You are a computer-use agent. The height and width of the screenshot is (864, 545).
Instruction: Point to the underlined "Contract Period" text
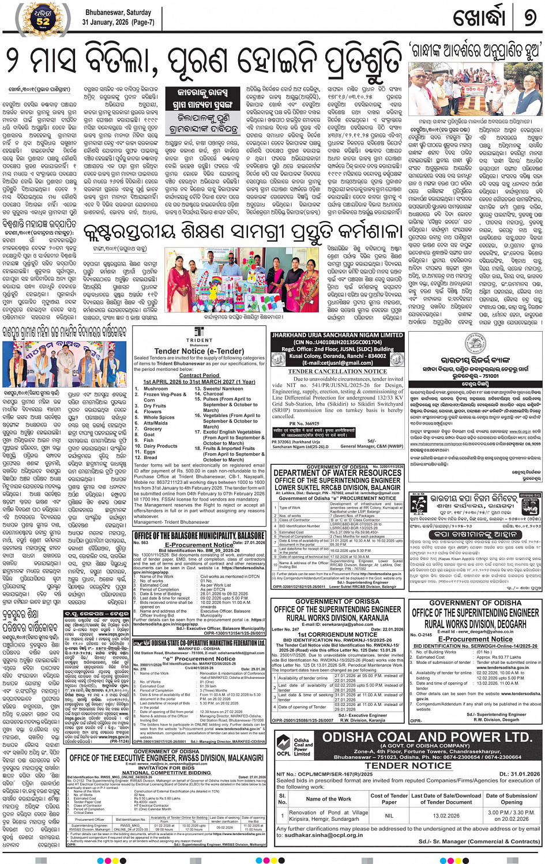(200, 375)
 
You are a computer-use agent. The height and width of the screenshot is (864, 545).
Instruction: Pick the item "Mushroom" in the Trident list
(156, 389)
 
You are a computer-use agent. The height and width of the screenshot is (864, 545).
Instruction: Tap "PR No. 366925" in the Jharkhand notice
(304, 424)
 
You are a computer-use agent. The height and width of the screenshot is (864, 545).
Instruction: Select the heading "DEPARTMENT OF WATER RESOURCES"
(337, 473)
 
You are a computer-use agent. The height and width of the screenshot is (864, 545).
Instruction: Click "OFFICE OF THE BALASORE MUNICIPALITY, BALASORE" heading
(200, 536)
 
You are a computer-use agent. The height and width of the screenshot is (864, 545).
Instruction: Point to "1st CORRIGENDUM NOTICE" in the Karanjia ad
(337, 634)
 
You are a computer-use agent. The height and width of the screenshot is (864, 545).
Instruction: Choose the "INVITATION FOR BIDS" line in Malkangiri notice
(167, 768)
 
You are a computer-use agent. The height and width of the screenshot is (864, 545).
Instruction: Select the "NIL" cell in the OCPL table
(389, 816)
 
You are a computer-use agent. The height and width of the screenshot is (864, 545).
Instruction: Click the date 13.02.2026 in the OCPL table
(446, 816)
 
